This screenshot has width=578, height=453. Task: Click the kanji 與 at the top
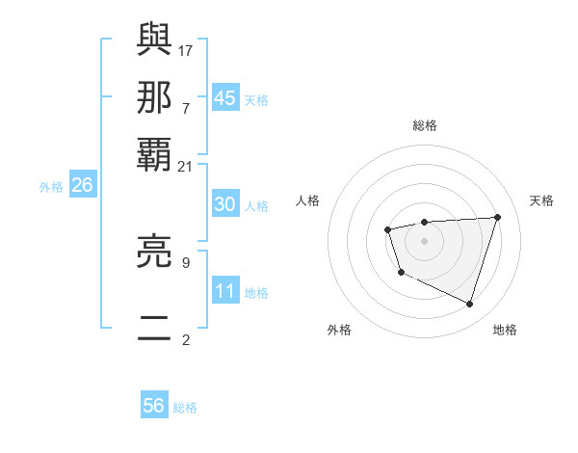[x=154, y=39]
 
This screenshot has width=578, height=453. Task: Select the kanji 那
[x=154, y=96]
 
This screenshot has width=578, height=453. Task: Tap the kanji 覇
[x=154, y=155]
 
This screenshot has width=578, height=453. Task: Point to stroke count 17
[x=186, y=49]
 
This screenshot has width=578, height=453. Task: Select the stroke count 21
[x=186, y=166]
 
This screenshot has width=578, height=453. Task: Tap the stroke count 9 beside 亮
[x=186, y=260]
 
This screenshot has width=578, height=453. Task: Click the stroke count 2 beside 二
[x=186, y=339]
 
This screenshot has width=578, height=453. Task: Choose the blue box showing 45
[x=225, y=97]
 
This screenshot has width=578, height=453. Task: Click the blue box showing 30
[x=225, y=204]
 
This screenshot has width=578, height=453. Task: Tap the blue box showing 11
[x=225, y=291]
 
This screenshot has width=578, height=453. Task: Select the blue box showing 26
[x=82, y=185]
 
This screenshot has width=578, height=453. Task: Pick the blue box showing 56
[x=154, y=406]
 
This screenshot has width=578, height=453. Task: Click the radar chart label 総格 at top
[x=425, y=125]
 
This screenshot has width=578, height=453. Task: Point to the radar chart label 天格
[x=541, y=200]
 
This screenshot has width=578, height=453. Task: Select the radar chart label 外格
[x=339, y=330]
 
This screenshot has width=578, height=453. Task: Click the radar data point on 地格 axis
[x=470, y=305]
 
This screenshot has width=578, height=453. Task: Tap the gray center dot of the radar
[x=424, y=240]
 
